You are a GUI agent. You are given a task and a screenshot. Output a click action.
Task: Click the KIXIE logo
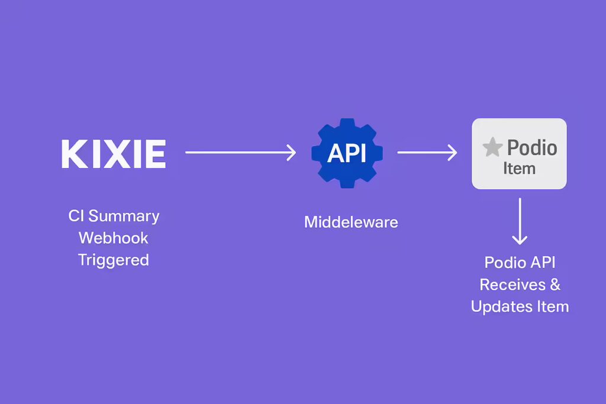(114, 154)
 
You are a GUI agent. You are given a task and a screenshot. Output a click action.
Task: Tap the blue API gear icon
(347, 153)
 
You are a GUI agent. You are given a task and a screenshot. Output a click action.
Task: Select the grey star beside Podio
(492, 147)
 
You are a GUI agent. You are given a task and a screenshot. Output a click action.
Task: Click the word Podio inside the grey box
(532, 147)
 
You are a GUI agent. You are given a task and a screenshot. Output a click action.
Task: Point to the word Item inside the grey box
(519, 169)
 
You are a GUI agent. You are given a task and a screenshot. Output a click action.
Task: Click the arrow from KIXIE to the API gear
(241, 153)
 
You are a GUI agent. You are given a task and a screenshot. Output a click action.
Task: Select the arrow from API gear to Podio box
(427, 153)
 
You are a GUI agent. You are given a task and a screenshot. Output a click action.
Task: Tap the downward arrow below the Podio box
(520, 221)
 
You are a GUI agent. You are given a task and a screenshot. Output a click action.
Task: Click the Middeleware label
(351, 222)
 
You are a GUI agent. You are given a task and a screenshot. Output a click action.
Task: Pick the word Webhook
(113, 238)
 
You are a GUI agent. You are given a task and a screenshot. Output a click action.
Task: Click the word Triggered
(113, 260)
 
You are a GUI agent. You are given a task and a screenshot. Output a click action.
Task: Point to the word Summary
(124, 216)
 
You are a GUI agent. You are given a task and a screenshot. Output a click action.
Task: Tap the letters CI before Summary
(76, 216)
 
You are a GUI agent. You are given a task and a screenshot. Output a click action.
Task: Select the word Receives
(512, 285)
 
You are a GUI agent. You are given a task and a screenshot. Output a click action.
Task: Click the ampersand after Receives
(555, 285)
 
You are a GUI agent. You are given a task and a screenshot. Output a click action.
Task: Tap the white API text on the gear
(347, 153)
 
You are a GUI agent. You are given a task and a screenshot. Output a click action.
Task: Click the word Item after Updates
(553, 306)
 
